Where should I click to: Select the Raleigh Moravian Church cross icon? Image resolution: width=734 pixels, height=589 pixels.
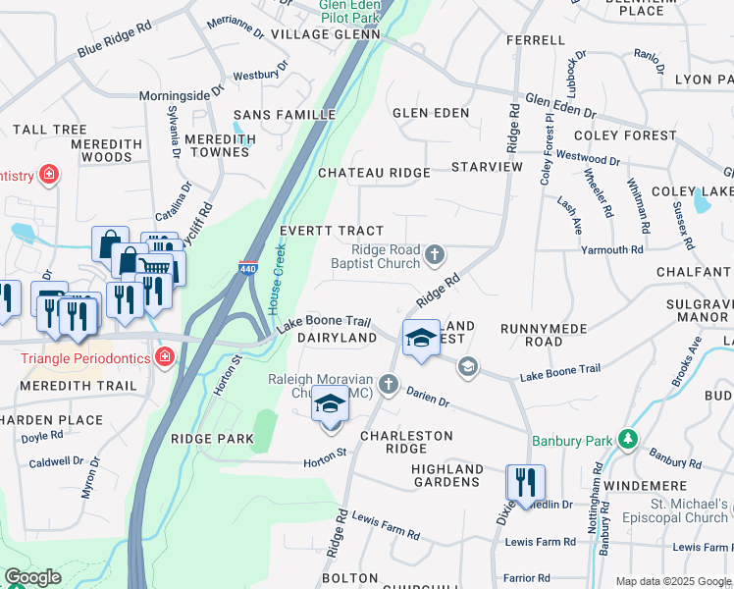389,382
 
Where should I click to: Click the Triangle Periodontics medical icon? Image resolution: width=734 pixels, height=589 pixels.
165,357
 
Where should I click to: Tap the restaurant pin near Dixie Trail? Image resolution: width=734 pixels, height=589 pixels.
525,483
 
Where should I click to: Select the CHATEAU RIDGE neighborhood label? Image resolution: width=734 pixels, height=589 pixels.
374,173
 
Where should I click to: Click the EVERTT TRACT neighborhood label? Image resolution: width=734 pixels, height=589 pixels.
332,231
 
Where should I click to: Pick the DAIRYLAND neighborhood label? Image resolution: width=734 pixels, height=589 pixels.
337,338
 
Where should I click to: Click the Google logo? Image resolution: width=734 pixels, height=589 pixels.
32,578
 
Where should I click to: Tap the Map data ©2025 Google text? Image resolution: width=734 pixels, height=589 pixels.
672,581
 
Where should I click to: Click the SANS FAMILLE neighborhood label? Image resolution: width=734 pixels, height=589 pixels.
285,115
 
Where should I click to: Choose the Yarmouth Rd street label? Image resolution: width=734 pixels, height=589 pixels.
610,250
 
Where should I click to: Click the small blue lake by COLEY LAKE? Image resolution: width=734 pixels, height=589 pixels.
702,200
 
